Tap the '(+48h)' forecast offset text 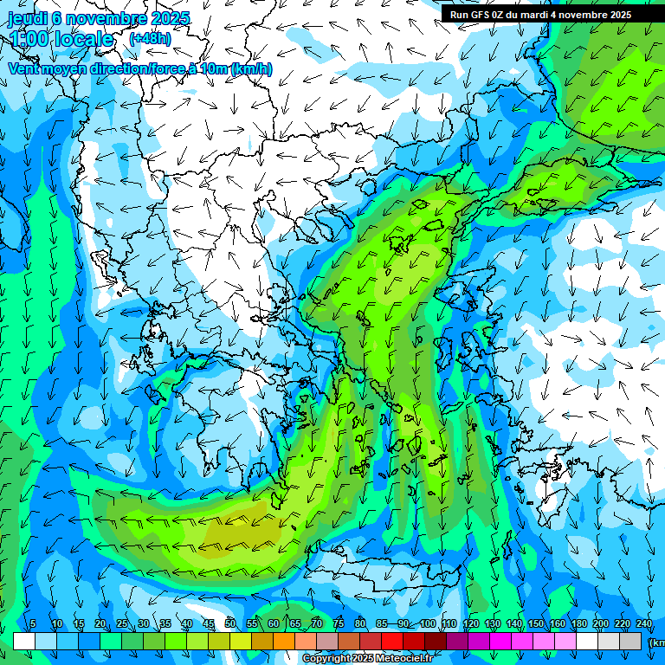coord(150,38)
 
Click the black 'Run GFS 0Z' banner coord(541,14)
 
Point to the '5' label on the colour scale coord(33,624)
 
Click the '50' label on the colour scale coord(230,624)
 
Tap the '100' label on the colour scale coord(427,624)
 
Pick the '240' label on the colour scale coord(644,624)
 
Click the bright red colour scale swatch coord(391,641)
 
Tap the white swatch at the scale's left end coord(23,641)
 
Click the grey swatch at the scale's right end coord(630,641)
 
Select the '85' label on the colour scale coord(382,624)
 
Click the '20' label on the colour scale coord(100,624)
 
